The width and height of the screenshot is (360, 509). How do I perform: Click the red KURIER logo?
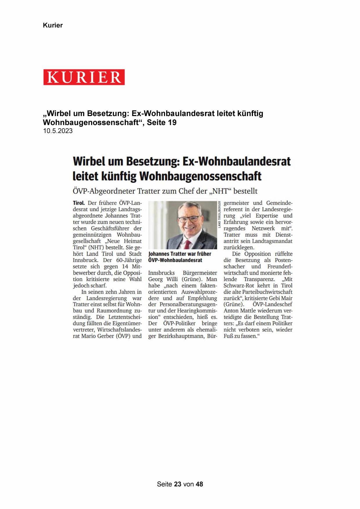tap(84, 77)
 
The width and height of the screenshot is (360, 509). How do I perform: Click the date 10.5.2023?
tap(58, 131)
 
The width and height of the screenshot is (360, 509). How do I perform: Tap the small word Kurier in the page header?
tap(53, 25)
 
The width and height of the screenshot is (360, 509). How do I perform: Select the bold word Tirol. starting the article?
tap(79, 203)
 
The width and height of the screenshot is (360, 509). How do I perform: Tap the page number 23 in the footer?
tap(178, 484)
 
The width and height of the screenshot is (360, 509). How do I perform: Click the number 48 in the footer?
tap(199, 484)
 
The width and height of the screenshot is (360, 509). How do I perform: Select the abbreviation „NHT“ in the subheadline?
tap(220, 191)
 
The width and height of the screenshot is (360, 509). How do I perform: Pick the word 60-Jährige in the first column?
tap(129, 260)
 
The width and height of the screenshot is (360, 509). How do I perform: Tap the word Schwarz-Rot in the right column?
tap(239, 286)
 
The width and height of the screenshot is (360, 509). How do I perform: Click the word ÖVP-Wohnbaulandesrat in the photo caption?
tap(175, 260)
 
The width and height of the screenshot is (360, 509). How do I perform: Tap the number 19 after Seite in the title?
tap(172, 122)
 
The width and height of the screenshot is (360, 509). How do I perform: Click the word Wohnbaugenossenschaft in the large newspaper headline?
tap(200, 176)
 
